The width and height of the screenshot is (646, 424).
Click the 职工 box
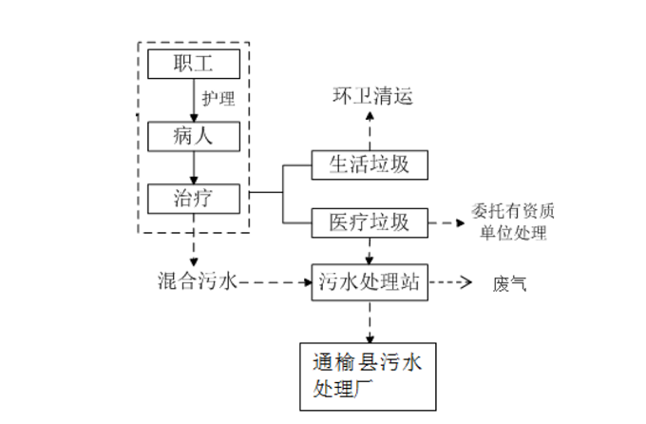194,65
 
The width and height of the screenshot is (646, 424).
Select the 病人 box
194,135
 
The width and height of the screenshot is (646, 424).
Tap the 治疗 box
194,198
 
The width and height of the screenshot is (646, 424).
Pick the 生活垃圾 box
370,164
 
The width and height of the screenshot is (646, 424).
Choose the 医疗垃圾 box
370,222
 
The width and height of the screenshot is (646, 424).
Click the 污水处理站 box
370,282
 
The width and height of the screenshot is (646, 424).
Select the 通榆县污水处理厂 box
370,376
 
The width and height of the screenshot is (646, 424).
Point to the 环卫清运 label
371,95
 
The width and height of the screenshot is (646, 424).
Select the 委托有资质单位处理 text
513,223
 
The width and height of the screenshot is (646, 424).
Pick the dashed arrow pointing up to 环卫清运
370,129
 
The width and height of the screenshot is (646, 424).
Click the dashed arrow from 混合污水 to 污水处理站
275,282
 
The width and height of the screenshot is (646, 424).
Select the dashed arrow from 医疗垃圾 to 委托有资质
446,223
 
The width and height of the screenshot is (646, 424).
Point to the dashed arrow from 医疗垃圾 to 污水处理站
370,251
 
